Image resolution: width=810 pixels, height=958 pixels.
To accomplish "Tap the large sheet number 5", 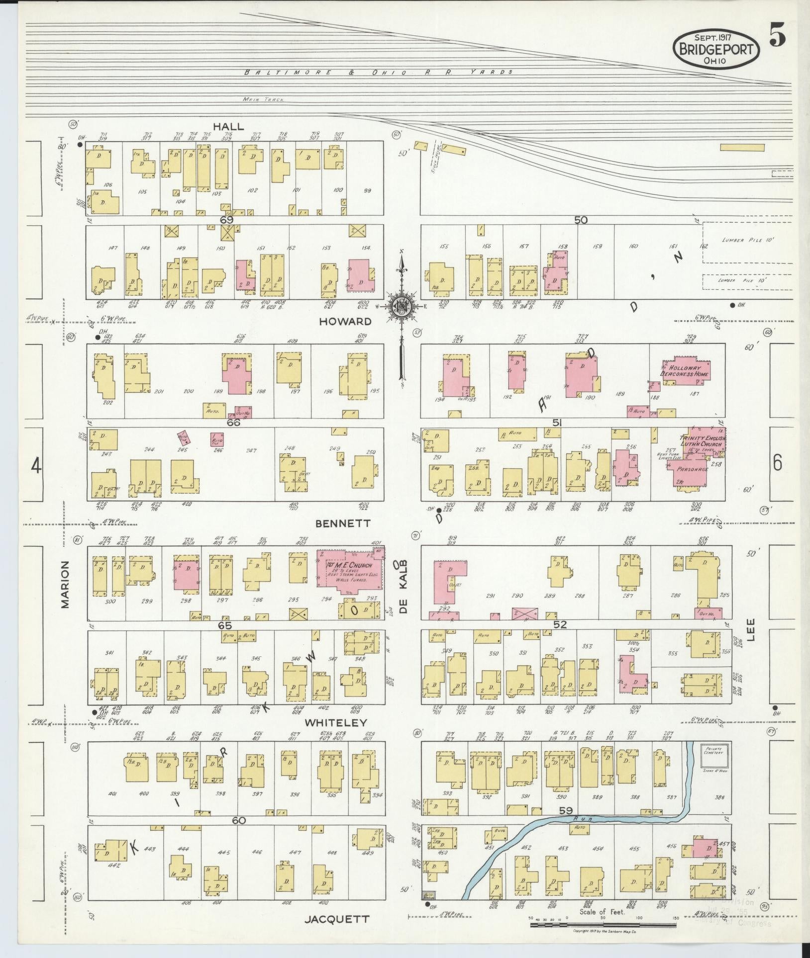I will (778, 36).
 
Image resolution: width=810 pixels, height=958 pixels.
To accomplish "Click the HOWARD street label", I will (345, 321).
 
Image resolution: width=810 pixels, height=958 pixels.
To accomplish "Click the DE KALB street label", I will (404, 587).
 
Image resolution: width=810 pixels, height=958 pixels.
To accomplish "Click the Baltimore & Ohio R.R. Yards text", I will (378, 72).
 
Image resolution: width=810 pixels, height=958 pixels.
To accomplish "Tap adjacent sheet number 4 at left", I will (36, 466).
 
